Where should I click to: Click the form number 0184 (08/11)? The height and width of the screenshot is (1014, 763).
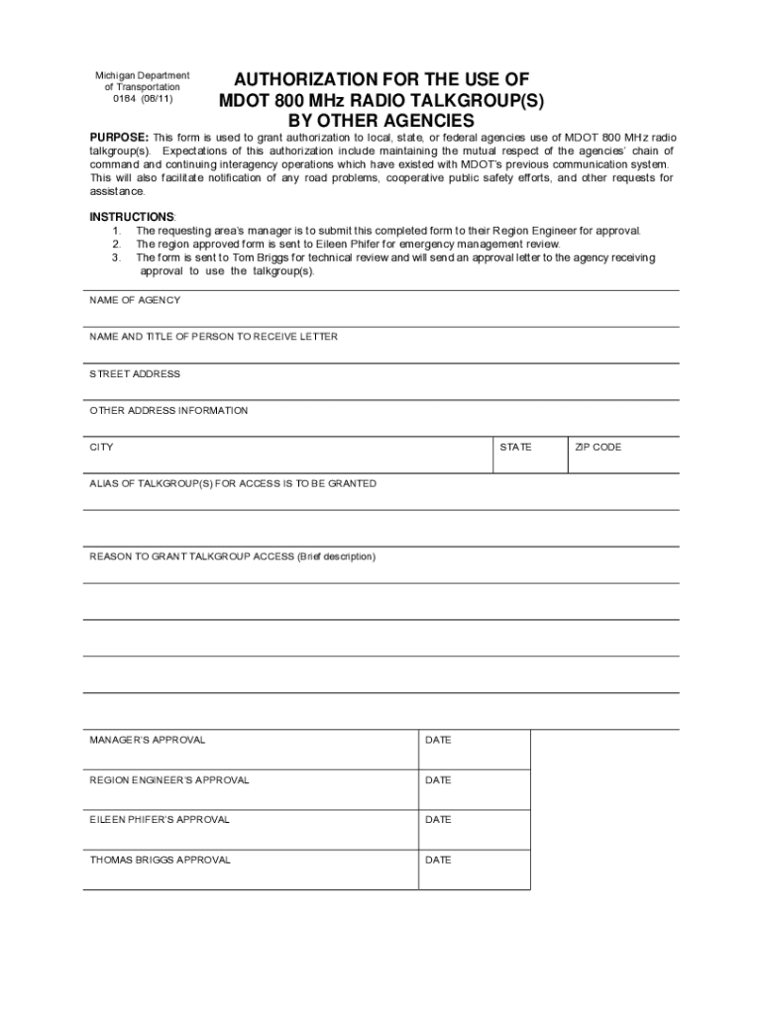pyautogui.click(x=142, y=99)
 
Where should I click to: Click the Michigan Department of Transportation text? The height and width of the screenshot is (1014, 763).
pyautogui.click(x=142, y=81)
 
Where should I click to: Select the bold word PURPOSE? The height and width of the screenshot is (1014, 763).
pyautogui.click(x=119, y=136)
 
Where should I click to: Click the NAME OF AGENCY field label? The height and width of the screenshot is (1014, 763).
pyautogui.click(x=135, y=300)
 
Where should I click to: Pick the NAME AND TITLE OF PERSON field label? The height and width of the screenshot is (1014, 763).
pyautogui.click(x=213, y=337)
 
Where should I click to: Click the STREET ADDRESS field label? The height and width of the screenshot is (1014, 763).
pyautogui.click(x=135, y=374)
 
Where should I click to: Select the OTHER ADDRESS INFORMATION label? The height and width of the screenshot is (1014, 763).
pyautogui.click(x=168, y=410)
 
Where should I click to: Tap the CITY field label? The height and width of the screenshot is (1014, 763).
pyautogui.click(x=102, y=448)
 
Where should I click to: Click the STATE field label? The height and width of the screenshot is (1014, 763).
pyautogui.click(x=515, y=448)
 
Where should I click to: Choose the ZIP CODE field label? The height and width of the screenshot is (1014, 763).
pyautogui.click(x=598, y=448)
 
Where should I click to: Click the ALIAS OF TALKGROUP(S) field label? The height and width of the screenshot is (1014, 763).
pyautogui.click(x=233, y=483)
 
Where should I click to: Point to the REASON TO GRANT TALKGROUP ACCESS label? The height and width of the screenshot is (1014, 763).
pyautogui.click(x=232, y=557)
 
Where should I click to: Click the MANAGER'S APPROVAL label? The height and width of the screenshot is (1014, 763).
pyautogui.click(x=148, y=740)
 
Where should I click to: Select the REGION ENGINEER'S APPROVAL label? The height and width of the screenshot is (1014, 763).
pyautogui.click(x=169, y=780)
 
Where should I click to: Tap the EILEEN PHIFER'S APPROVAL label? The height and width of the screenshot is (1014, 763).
pyautogui.click(x=160, y=819)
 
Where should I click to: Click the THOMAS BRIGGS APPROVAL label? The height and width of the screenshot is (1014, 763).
pyautogui.click(x=160, y=860)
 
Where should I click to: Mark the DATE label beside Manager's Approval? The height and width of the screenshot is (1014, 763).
pyautogui.click(x=438, y=740)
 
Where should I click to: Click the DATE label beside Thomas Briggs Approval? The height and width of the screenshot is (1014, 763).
pyautogui.click(x=438, y=860)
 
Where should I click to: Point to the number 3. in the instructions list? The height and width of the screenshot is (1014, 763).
pyautogui.click(x=116, y=257)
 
